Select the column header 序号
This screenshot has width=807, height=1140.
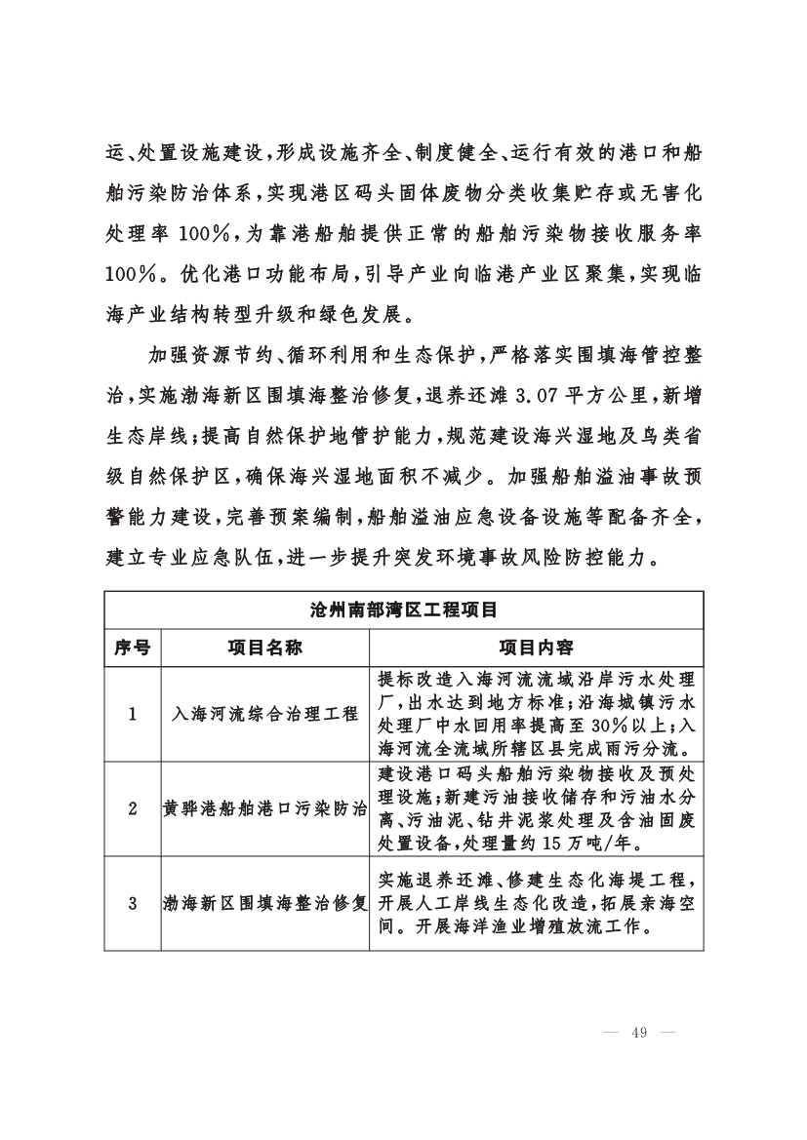pyautogui.click(x=132, y=648)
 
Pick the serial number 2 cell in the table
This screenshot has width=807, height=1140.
pyautogui.click(x=132, y=808)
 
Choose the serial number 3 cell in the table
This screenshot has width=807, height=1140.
pyautogui.click(x=132, y=903)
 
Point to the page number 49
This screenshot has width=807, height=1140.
pyautogui.click(x=640, y=1034)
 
